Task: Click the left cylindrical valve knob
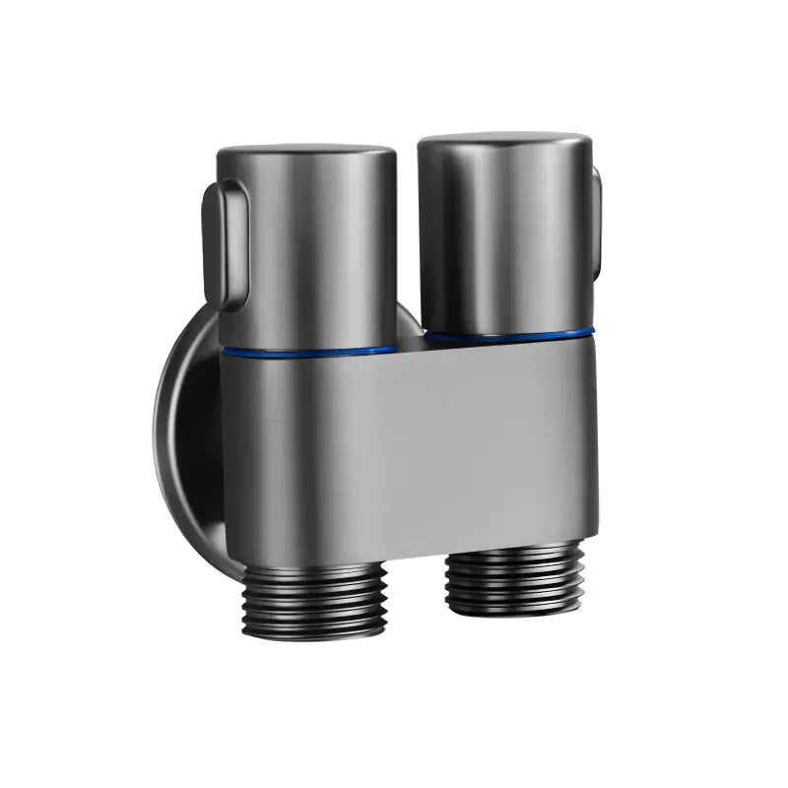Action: pyautogui.click(x=307, y=246)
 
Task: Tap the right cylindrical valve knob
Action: pyautogui.click(x=504, y=236)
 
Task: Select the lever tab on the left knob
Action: pyautogui.click(x=222, y=241)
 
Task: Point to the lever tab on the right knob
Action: pyautogui.click(x=596, y=222)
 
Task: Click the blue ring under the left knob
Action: pyautogui.click(x=307, y=350)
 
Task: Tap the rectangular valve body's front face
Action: pyautogui.click(x=409, y=443)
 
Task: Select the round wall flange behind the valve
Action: pyautogui.click(x=187, y=433)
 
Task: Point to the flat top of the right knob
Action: pyautogui.click(x=504, y=140)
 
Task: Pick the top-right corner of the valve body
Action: pyautogui.click(x=593, y=335)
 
